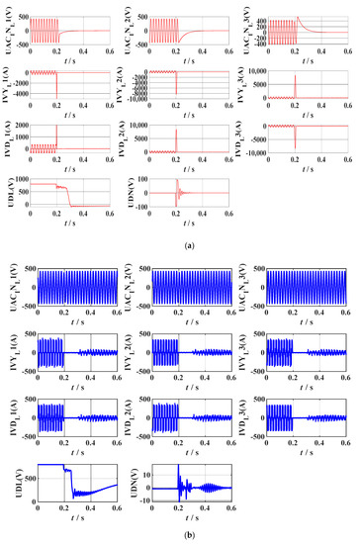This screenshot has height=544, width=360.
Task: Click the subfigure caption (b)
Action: coord(180,535)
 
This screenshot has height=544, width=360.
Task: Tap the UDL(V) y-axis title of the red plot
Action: coord(9,190)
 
